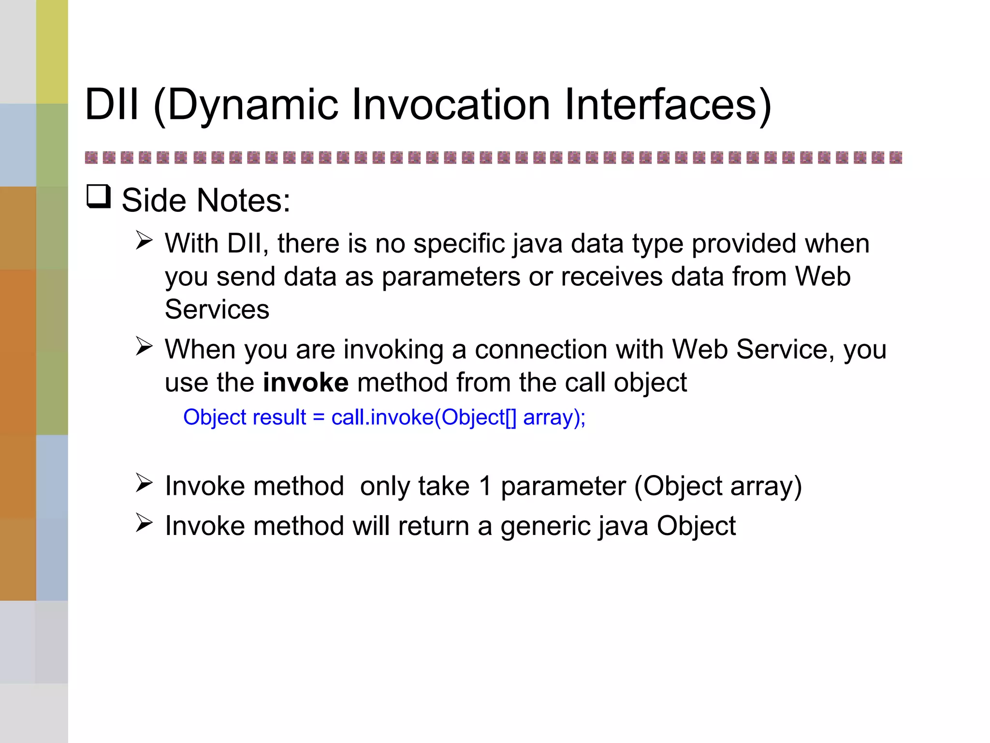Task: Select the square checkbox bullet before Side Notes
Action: (99, 197)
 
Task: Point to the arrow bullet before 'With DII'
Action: (144, 240)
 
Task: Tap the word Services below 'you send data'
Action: (217, 309)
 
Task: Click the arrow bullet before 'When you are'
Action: (144, 346)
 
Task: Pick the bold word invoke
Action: (306, 382)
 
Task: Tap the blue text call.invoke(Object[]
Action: (423, 417)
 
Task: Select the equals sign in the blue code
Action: (319, 417)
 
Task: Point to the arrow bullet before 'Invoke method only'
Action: (144, 483)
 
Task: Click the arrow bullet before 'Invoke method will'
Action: (144, 523)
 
